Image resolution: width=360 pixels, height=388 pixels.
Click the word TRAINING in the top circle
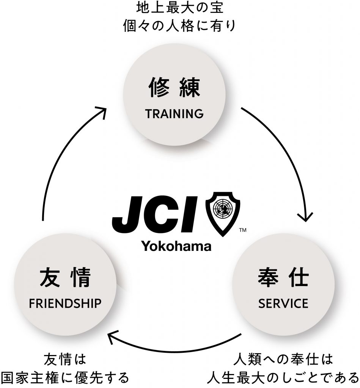[x=174, y=114]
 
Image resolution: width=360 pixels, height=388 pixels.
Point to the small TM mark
[x=243, y=230]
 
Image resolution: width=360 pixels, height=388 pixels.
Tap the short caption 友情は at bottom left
[x=65, y=358]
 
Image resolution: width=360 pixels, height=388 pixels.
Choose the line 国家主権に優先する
[x=65, y=377]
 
